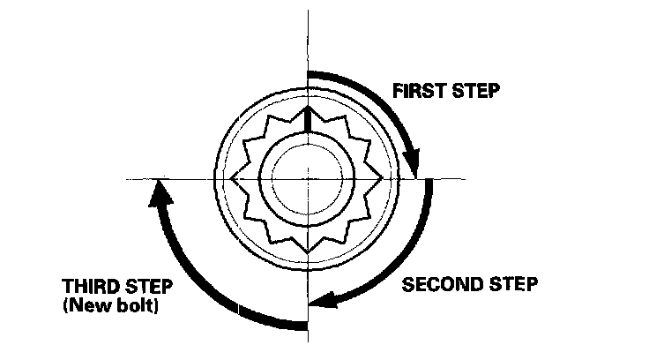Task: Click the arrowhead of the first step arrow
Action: click(412, 165)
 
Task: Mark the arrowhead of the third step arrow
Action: click(158, 190)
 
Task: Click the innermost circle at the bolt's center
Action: click(307, 178)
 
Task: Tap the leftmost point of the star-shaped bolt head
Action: click(231, 178)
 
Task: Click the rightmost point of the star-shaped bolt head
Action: click(384, 178)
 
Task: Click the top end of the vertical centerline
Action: click(307, 11)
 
